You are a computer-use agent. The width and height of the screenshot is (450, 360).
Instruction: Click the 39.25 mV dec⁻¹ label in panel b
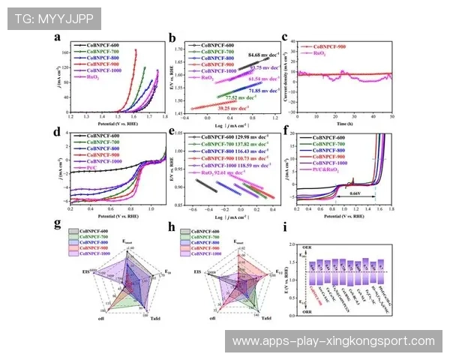(232, 109)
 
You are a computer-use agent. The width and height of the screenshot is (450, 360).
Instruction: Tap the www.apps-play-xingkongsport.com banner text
(333, 340)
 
